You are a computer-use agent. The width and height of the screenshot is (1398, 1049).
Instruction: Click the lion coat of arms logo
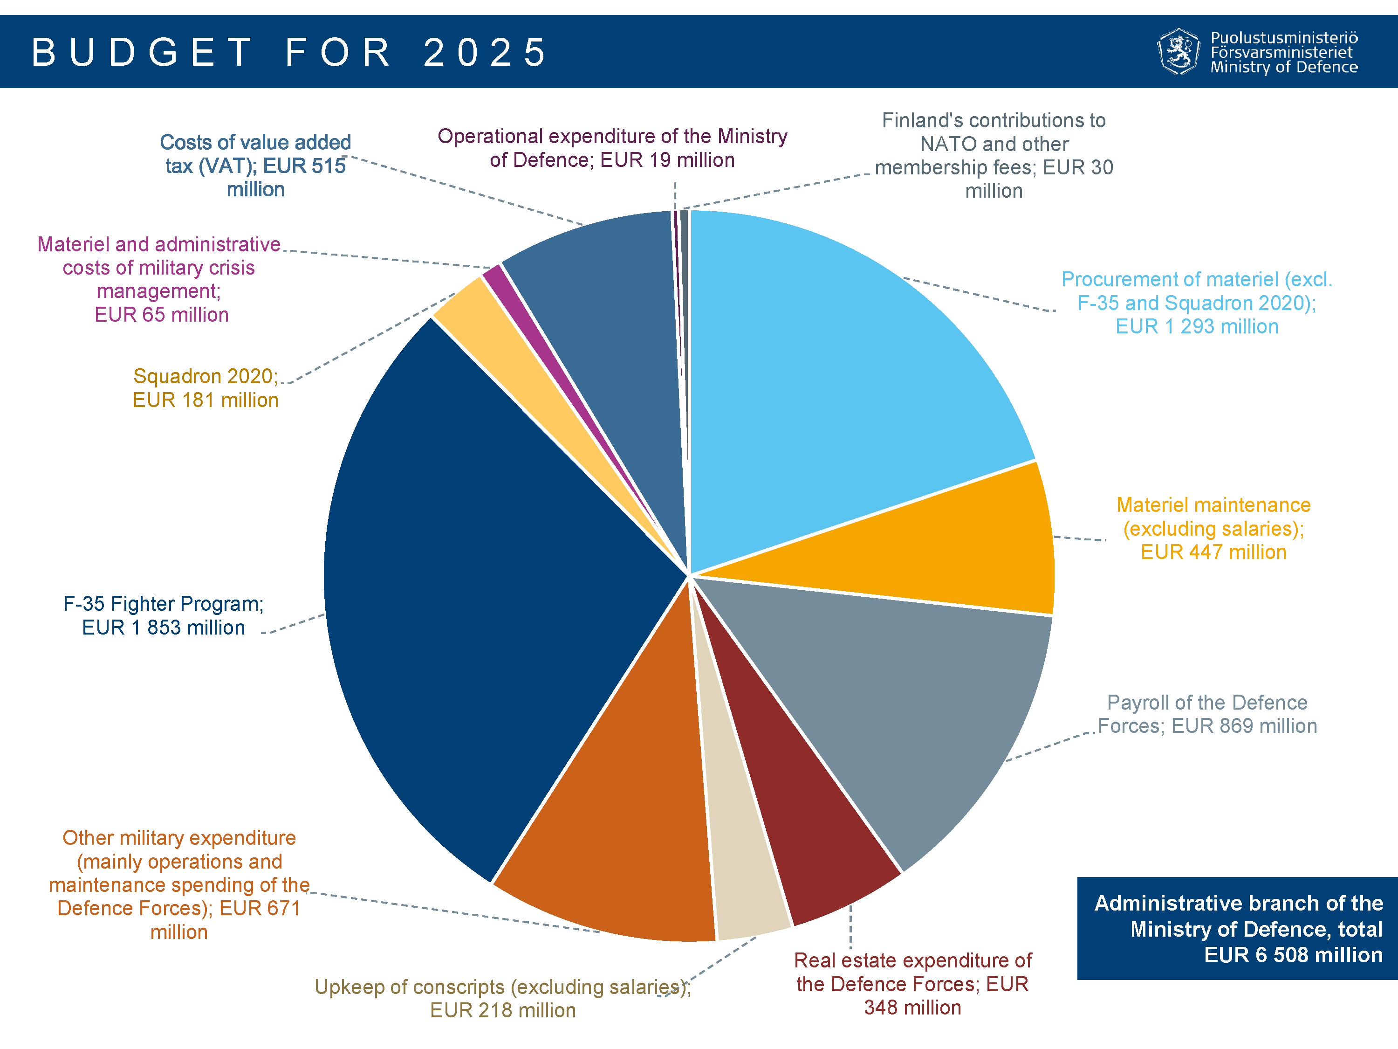point(1178,52)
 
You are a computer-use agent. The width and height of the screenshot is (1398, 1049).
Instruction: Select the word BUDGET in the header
point(142,52)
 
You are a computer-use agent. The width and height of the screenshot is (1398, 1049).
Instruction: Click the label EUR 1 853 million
point(163,628)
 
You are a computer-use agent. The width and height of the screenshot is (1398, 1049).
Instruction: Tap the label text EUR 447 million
point(1213,552)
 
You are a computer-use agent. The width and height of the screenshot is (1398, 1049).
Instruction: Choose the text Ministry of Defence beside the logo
point(1284,67)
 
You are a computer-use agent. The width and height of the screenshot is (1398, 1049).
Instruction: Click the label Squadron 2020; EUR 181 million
point(206,387)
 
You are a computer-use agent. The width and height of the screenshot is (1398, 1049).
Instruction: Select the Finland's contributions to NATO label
point(994,155)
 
